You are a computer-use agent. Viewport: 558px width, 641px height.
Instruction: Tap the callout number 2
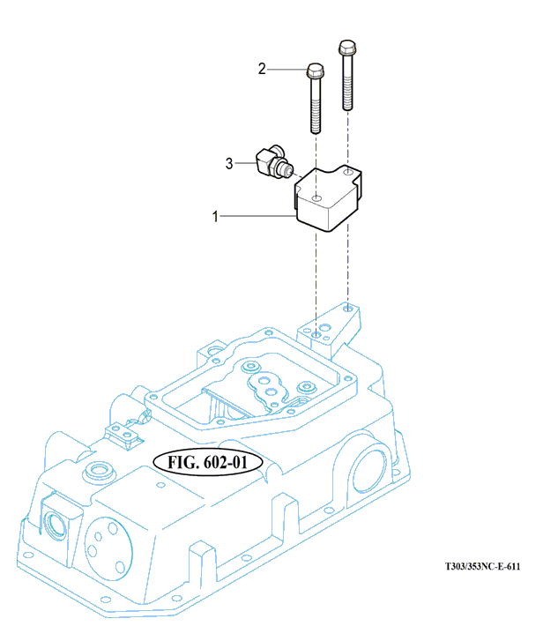click(261, 68)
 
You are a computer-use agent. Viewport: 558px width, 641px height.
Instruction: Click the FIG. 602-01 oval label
click(204, 462)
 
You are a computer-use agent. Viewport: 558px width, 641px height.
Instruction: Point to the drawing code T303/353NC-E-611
click(481, 568)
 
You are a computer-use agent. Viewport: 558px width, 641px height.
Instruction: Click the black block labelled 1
click(326, 199)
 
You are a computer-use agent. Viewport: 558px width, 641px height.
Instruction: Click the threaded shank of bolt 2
click(316, 110)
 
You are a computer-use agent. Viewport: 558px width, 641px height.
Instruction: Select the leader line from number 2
click(286, 68)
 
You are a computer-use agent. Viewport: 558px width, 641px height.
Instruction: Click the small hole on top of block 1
click(316, 187)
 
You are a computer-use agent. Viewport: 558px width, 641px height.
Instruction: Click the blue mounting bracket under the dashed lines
click(336, 331)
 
